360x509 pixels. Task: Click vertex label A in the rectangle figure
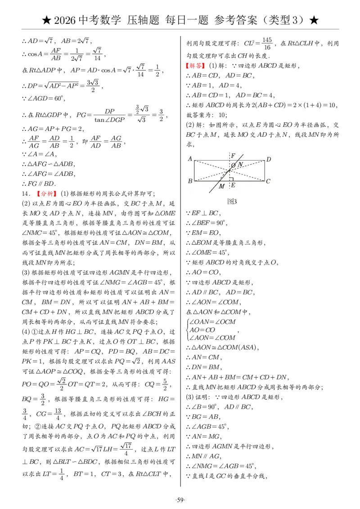pos(190,158)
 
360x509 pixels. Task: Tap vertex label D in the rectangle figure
pos(269,159)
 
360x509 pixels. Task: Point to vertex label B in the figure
pos(190,181)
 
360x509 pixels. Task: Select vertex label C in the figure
pos(268,181)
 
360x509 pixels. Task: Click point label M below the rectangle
pos(221,186)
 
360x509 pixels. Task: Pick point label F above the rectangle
pos(233,156)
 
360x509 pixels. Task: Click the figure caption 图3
pos(232,201)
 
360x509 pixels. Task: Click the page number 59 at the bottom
pos(180,500)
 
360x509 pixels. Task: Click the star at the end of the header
pos(315,20)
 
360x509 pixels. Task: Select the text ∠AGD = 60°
pos(41,98)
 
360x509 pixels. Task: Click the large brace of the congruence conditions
pos(187,330)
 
